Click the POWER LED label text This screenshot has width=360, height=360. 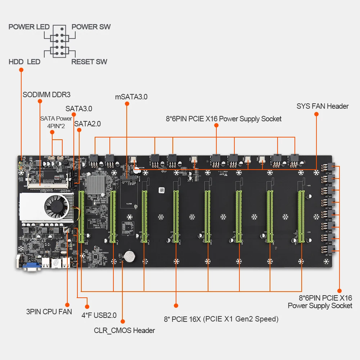pos(29,27)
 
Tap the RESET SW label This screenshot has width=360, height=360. pos(89,62)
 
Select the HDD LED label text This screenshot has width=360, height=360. pos(24,62)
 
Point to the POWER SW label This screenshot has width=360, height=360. pos(91,27)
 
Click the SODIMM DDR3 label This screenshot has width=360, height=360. pos(46,95)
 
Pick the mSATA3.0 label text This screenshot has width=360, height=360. pos(131,96)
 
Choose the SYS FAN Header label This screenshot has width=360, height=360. pos(323,106)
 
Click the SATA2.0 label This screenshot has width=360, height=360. pos(87,124)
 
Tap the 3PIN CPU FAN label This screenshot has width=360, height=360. pos(49,312)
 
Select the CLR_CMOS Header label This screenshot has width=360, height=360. pos(125,330)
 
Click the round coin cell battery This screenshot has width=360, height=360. pos(129,256)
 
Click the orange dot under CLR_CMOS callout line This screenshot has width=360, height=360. pos(123,321)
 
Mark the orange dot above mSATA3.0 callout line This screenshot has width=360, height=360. pos(127,104)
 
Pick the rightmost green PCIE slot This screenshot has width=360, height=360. pos(301,216)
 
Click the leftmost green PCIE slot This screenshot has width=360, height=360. pos(81,216)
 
